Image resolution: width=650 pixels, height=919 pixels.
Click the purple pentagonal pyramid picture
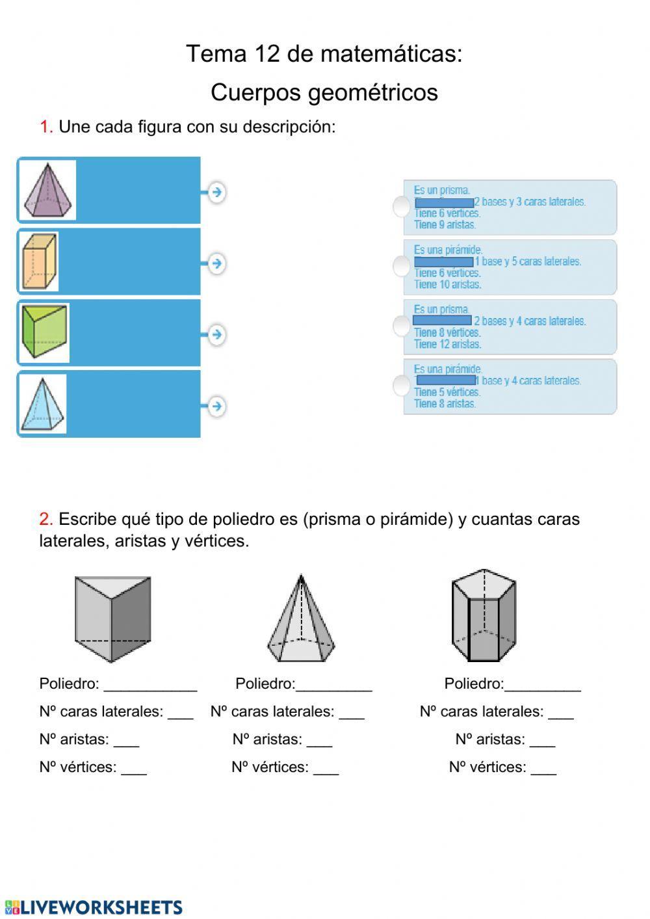point(47,191)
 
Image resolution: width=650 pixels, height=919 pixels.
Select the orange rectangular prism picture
point(39,261)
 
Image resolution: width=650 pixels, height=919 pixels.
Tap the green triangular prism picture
point(44,332)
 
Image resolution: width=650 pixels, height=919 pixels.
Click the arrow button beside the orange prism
point(216,263)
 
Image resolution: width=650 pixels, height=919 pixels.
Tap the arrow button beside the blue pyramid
point(216,406)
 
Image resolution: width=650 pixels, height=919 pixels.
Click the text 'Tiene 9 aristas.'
point(445,225)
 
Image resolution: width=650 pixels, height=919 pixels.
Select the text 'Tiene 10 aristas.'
point(447,284)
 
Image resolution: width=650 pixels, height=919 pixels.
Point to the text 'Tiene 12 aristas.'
point(447,344)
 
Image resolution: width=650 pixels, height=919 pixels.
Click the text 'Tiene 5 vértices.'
point(447,392)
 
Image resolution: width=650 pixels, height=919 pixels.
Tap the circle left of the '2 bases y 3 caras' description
point(402,207)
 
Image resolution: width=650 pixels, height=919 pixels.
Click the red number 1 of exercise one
point(45,127)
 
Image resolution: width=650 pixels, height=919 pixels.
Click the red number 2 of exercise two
point(45,519)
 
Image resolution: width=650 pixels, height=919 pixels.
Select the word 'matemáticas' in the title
point(390,53)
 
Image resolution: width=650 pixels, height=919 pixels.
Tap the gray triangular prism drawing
point(112,618)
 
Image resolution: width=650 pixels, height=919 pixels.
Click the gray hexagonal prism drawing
point(484,616)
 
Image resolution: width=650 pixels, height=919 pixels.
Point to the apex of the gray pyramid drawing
point(300,576)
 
